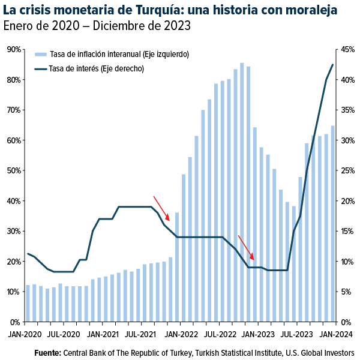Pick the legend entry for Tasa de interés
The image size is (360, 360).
[x=96, y=68]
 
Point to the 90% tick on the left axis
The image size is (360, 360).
[x=14, y=49]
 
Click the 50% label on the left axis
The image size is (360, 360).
[x=14, y=170]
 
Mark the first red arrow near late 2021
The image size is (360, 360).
[x=161, y=208]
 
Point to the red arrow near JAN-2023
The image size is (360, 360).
[x=246, y=247]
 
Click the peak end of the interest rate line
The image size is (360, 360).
[x=333, y=64]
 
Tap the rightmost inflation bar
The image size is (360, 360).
[x=333, y=223]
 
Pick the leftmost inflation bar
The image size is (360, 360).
[x=28, y=303]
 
